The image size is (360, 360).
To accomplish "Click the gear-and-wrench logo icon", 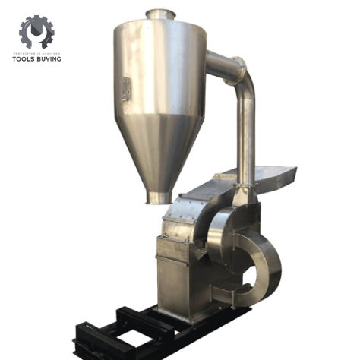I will click(36, 32).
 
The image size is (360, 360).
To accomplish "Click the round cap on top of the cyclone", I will click(161, 14).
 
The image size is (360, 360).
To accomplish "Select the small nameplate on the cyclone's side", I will click(125, 88).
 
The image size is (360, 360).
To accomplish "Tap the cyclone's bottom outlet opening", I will click(159, 198).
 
